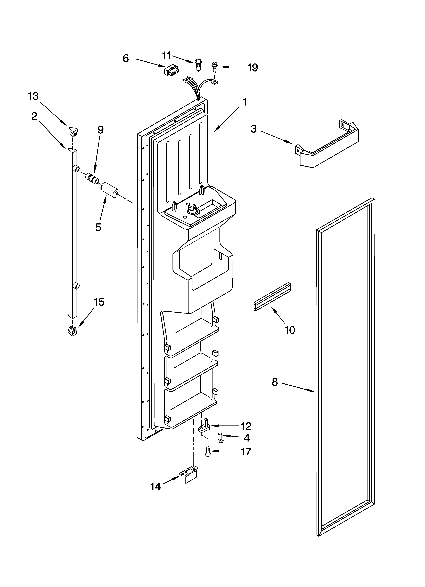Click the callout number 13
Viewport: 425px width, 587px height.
(x=33, y=96)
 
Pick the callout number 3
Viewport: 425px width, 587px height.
(x=253, y=129)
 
